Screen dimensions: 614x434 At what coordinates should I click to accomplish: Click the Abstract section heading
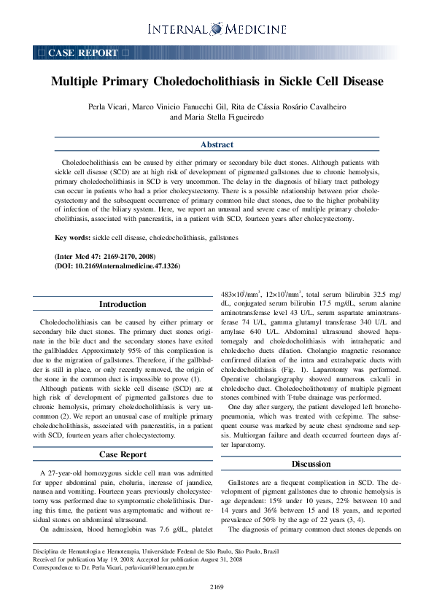pos(217,144)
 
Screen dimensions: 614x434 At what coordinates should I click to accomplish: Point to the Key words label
pos(72,238)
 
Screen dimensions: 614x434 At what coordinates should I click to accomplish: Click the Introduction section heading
pos(123,304)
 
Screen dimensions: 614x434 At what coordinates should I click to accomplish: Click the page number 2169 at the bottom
pos(217,587)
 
